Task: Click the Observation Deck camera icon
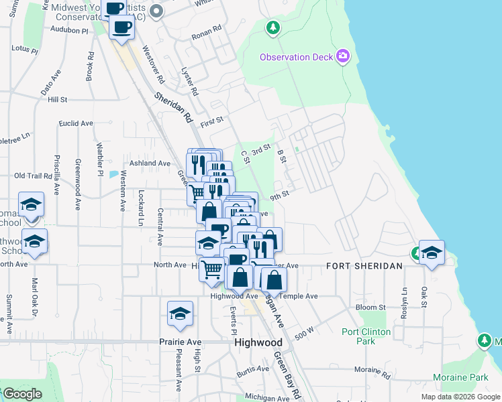tap(344, 56)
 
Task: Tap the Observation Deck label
tap(297, 57)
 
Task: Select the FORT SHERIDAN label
tap(364, 266)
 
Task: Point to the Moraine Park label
tap(460, 378)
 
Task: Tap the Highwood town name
tap(258, 342)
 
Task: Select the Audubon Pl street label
tap(69, 31)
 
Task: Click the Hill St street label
tap(58, 100)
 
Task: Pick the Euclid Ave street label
tap(76, 124)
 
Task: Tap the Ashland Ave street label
tap(150, 163)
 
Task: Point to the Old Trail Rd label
tap(33, 176)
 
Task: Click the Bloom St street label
tap(370, 308)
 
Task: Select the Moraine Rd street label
tap(367, 369)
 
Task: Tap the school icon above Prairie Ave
tap(180, 314)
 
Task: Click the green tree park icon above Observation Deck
tap(272, 27)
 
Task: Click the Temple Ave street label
tap(299, 295)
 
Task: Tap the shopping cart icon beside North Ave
tap(212, 269)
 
